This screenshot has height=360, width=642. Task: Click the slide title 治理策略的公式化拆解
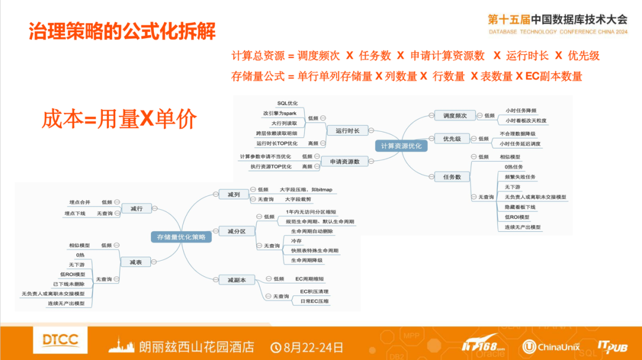pyautogui.click(x=122, y=31)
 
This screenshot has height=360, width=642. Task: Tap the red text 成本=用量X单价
pyautogui.click(x=119, y=119)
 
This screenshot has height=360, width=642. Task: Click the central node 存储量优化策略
pyautogui.click(x=181, y=237)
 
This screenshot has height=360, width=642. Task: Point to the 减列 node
pyautogui.click(x=233, y=194)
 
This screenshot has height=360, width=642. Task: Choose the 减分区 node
pyautogui.click(x=236, y=231)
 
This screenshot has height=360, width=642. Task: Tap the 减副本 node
pyautogui.click(x=236, y=279)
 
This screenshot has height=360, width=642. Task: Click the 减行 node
pyautogui.click(x=136, y=209)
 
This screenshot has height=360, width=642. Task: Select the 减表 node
pyautogui.click(x=136, y=262)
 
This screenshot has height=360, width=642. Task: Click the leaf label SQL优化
pyautogui.click(x=287, y=103)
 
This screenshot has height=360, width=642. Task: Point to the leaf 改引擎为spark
pyautogui.click(x=280, y=113)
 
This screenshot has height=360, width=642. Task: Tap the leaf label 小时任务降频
pyautogui.click(x=521, y=110)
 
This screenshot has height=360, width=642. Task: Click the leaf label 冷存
pyautogui.click(x=295, y=241)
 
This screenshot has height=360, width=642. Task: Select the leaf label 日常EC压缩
pyautogui.click(x=314, y=301)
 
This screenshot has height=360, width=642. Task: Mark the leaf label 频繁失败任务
pyautogui.click(x=520, y=177)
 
